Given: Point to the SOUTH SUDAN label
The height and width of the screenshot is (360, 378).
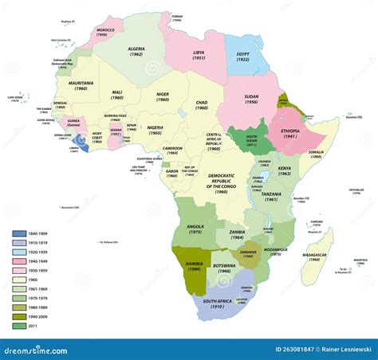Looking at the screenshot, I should [251, 143].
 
